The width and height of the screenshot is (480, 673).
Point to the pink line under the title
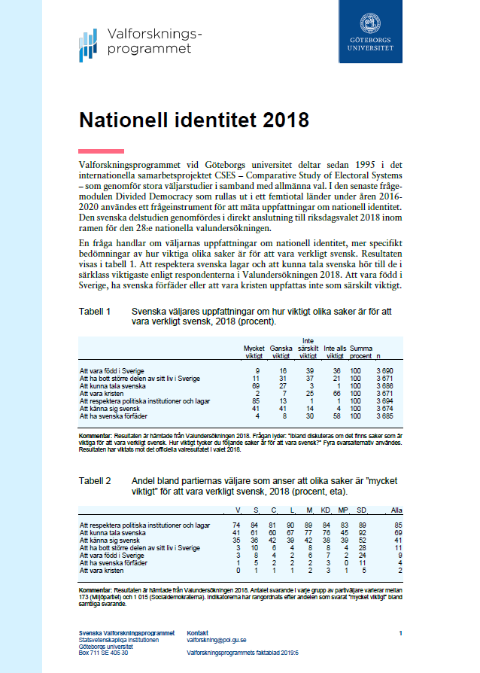(x=102, y=151)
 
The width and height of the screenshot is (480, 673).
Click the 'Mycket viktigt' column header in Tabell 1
(x=254, y=352)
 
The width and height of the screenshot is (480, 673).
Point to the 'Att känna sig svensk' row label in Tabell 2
(x=109, y=539)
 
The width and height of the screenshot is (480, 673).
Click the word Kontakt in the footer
(x=197, y=632)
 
